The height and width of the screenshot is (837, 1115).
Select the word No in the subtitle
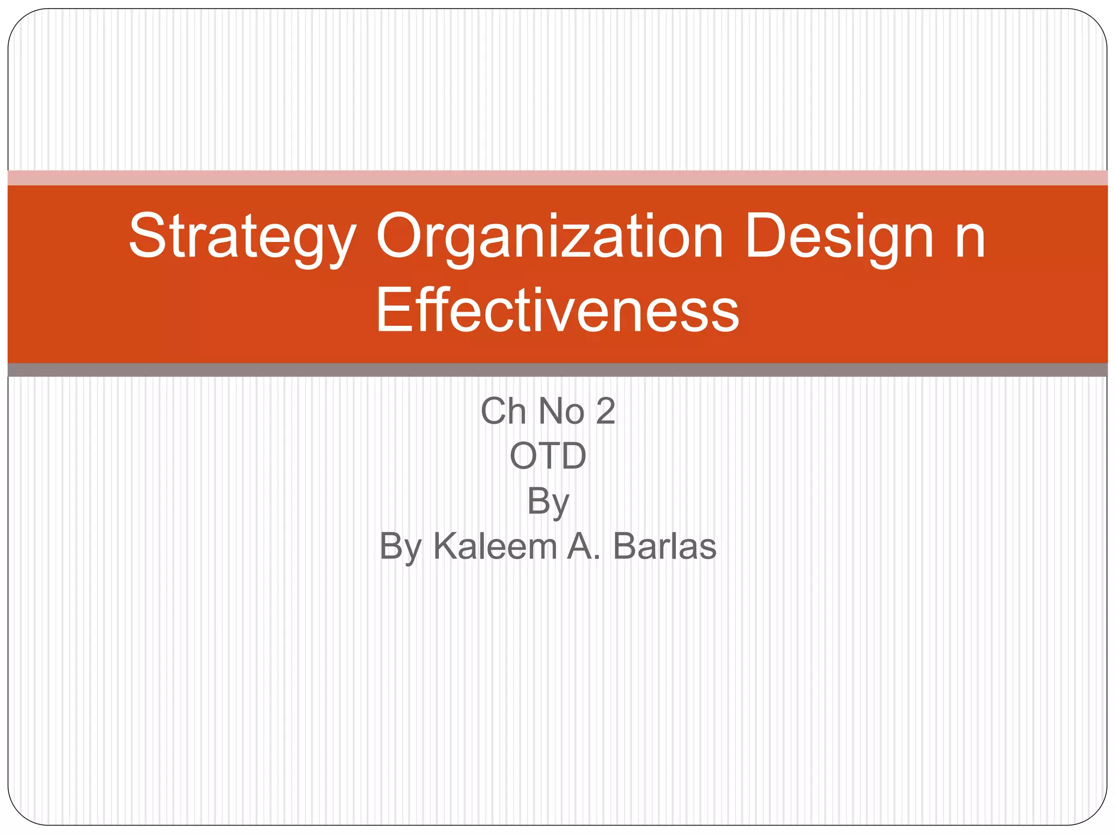point(561,411)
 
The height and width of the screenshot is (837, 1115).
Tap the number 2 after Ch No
point(605,411)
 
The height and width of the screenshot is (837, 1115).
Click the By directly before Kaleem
point(401,547)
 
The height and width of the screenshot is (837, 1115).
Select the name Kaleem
point(495,546)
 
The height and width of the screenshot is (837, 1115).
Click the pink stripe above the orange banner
point(557,178)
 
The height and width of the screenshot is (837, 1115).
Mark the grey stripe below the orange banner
point(557,370)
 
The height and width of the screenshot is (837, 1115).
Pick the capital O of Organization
point(400,236)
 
